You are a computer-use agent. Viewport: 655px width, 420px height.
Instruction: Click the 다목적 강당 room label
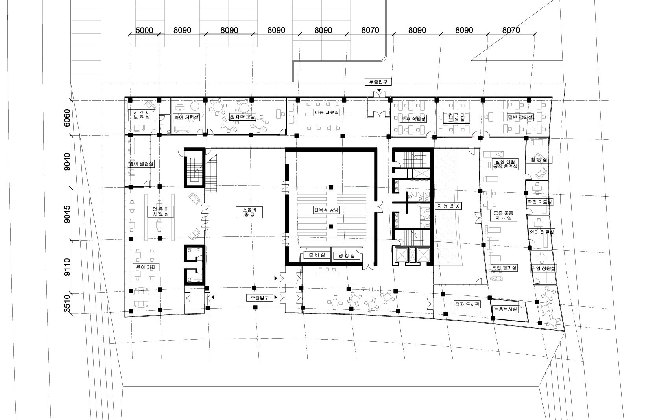pyautogui.click(x=326, y=210)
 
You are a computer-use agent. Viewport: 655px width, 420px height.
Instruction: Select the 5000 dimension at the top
pyautogui.click(x=144, y=30)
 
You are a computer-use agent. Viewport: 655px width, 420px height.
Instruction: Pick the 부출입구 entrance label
pyautogui.click(x=378, y=82)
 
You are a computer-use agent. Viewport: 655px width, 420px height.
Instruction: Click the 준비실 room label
pyautogui.click(x=317, y=255)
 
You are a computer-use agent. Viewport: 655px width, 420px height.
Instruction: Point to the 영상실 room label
pyautogui.click(x=347, y=256)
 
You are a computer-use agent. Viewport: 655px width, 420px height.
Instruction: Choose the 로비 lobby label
pyautogui.click(x=367, y=290)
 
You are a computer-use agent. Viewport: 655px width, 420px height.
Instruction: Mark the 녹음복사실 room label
pyautogui.click(x=507, y=309)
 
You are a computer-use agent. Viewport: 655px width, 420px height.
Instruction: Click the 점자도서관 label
pyautogui.click(x=467, y=304)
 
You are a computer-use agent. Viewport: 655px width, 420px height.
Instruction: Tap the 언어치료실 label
pyautogui.click(x=541, y=232)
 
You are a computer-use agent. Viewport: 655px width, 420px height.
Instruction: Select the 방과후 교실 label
pyautogui.click(x=243, y=117)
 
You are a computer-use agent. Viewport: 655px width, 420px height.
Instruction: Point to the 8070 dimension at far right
pyautogui.click(x=511, y=30)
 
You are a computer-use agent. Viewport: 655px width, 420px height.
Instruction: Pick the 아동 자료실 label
pyautogui.click(x=326, y=112)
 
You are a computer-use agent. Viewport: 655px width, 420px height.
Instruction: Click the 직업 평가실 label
pyautogui.click(x=504, y=268)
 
